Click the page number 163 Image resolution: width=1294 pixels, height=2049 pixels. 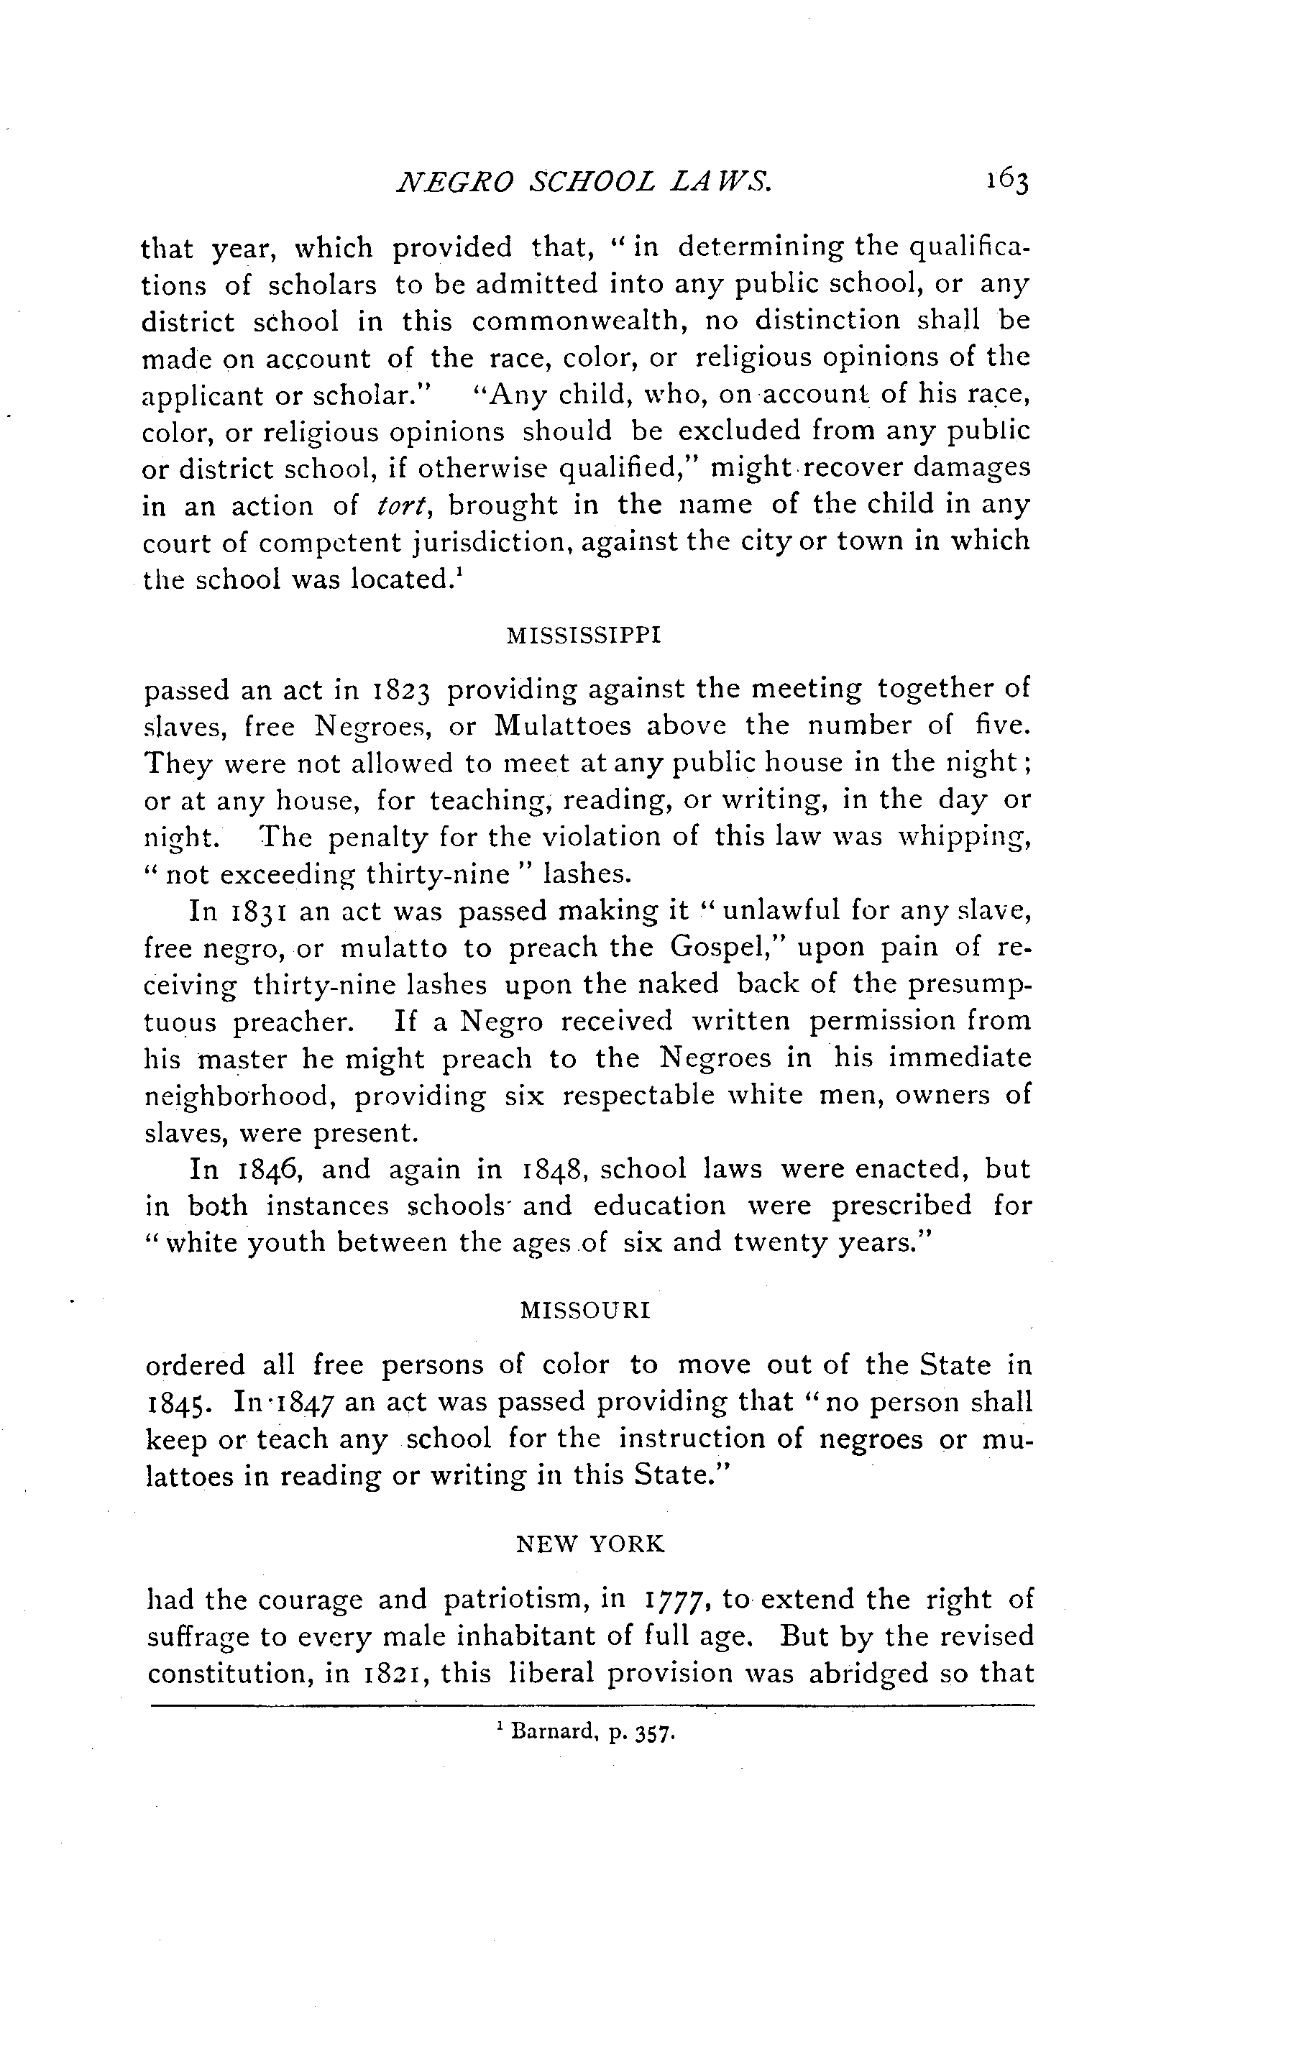tap(1008, 182)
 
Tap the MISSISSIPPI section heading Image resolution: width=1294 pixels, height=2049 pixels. tap(584, 636)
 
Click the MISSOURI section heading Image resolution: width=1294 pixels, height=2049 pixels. tap(584, 1311)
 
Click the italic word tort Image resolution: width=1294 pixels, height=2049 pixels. tap(395, 505)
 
